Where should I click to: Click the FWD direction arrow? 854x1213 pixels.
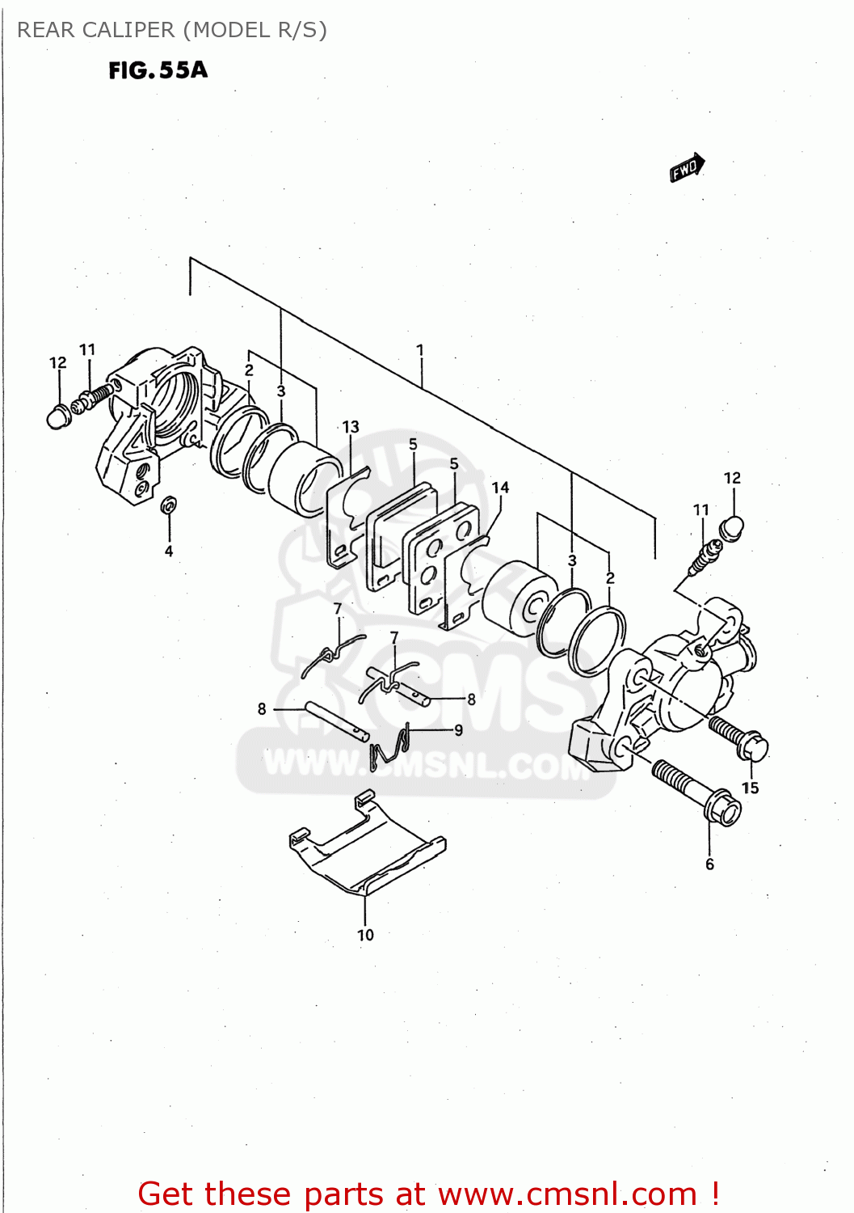click(687, 168)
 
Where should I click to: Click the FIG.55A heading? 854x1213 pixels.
click(158, 70)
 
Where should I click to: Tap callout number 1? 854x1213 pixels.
click(420, 350)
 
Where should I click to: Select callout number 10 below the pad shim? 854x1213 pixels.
click(365, 935)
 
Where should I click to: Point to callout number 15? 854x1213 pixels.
click(750, 788)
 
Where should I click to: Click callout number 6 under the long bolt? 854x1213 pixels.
click(709, 864)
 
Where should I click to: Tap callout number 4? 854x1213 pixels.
click(169, 552)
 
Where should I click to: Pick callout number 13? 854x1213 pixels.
click(351, 426)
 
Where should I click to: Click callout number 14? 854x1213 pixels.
click(500, 488)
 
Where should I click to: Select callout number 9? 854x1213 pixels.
click(458, 729)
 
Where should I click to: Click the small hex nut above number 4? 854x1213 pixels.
click(169, 505)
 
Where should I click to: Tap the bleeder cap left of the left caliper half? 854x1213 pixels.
click(57, 416)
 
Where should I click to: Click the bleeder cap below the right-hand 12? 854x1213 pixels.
click(730, 528)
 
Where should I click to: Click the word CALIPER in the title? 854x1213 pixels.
click(129, 30)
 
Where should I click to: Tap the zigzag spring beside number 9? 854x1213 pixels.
click(390, 747)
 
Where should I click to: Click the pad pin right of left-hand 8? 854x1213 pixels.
click(337, 721)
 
